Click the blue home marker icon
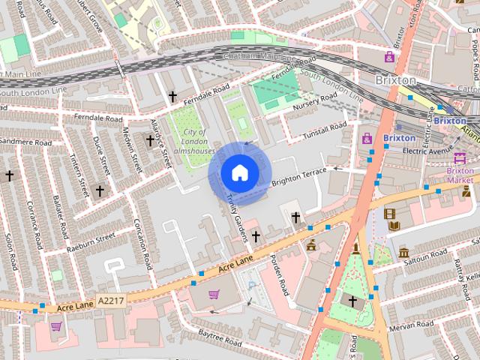(238, 172)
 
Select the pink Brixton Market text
(460, 175)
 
